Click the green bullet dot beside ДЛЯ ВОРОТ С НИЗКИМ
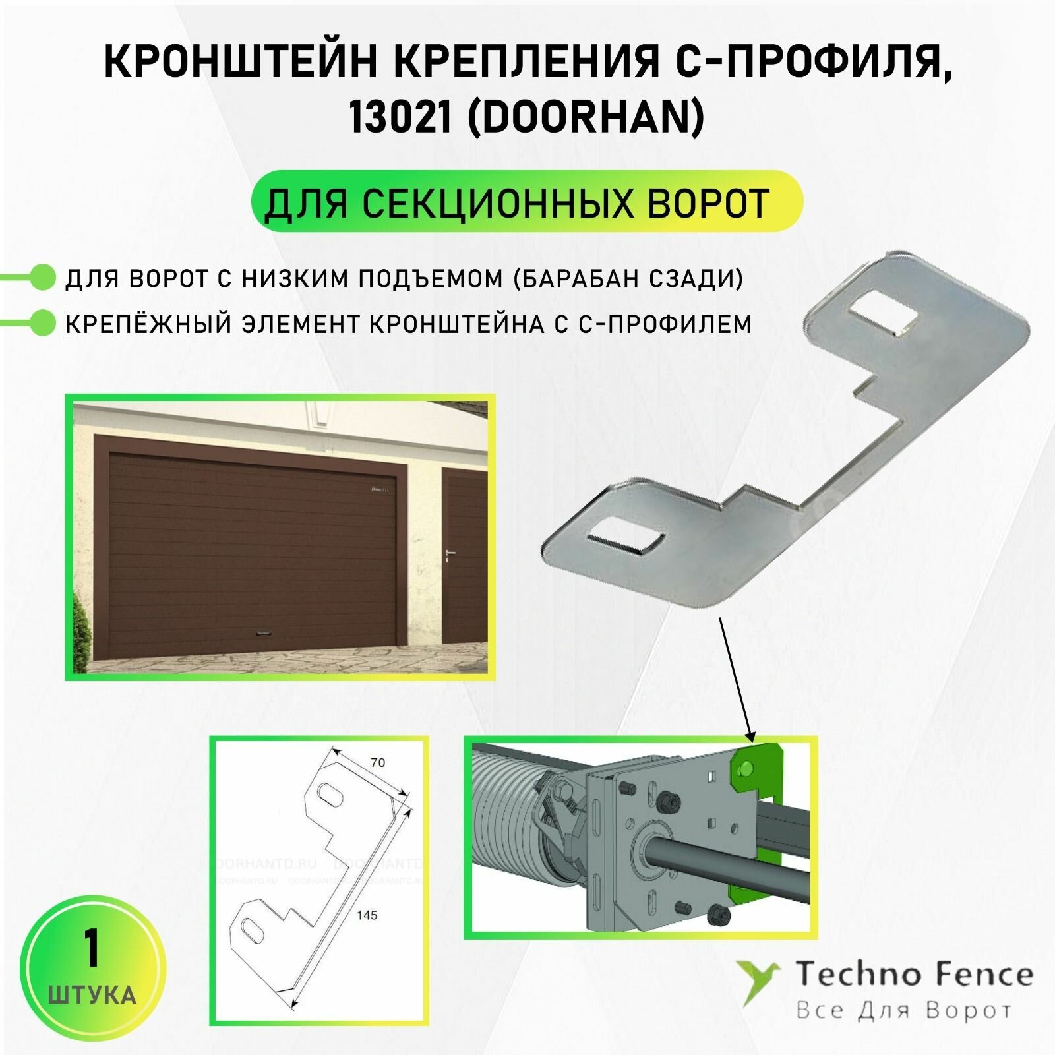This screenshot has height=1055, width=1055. (x=44, y=278)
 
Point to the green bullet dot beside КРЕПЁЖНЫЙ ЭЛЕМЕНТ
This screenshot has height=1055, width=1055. (x=44, y=323)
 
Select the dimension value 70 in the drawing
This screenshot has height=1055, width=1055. (x=377, y=762)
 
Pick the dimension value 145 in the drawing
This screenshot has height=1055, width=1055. (x=367, y=915)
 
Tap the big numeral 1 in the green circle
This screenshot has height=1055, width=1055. (x=92, y=949)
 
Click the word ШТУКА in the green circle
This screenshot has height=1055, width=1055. (x=92, y=994)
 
